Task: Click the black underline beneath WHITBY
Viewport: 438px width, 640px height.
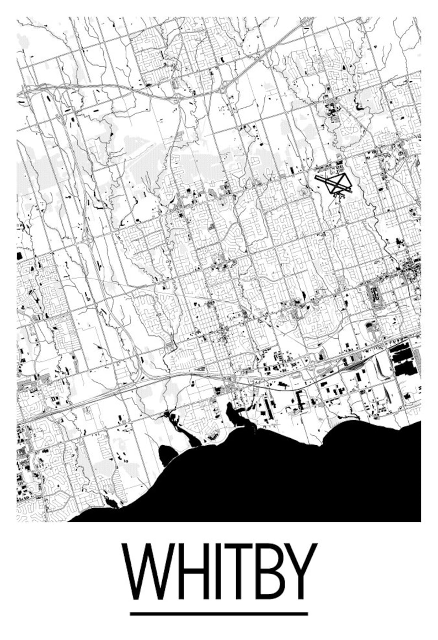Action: [219, 614]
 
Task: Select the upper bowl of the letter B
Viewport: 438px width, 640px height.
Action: [271, 558]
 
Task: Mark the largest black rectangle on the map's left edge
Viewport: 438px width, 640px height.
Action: [20, 256]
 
